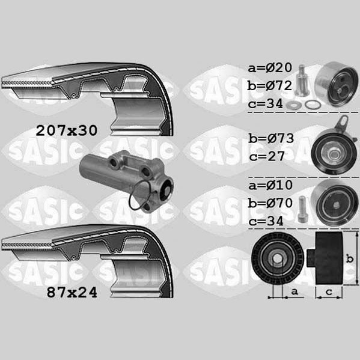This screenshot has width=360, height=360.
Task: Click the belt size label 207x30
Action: pos(67,130)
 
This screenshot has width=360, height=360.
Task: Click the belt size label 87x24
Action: pos(72,293)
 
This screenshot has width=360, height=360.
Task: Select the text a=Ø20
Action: pos(270,68)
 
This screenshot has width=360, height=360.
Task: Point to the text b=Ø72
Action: pos(270,85)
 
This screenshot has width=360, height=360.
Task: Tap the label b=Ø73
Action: pos(271,138)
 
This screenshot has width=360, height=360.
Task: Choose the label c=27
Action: pos(267,156)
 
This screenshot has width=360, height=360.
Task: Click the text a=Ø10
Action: pos(270,185)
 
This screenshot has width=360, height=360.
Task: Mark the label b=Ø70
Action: pos(270,203)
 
